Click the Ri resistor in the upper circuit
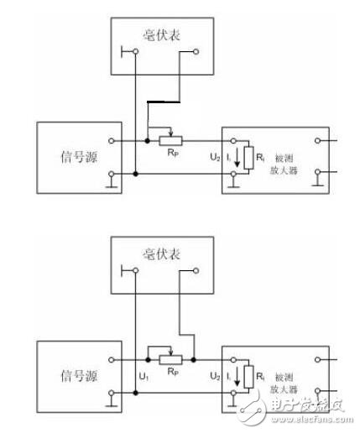pos(248,157)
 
